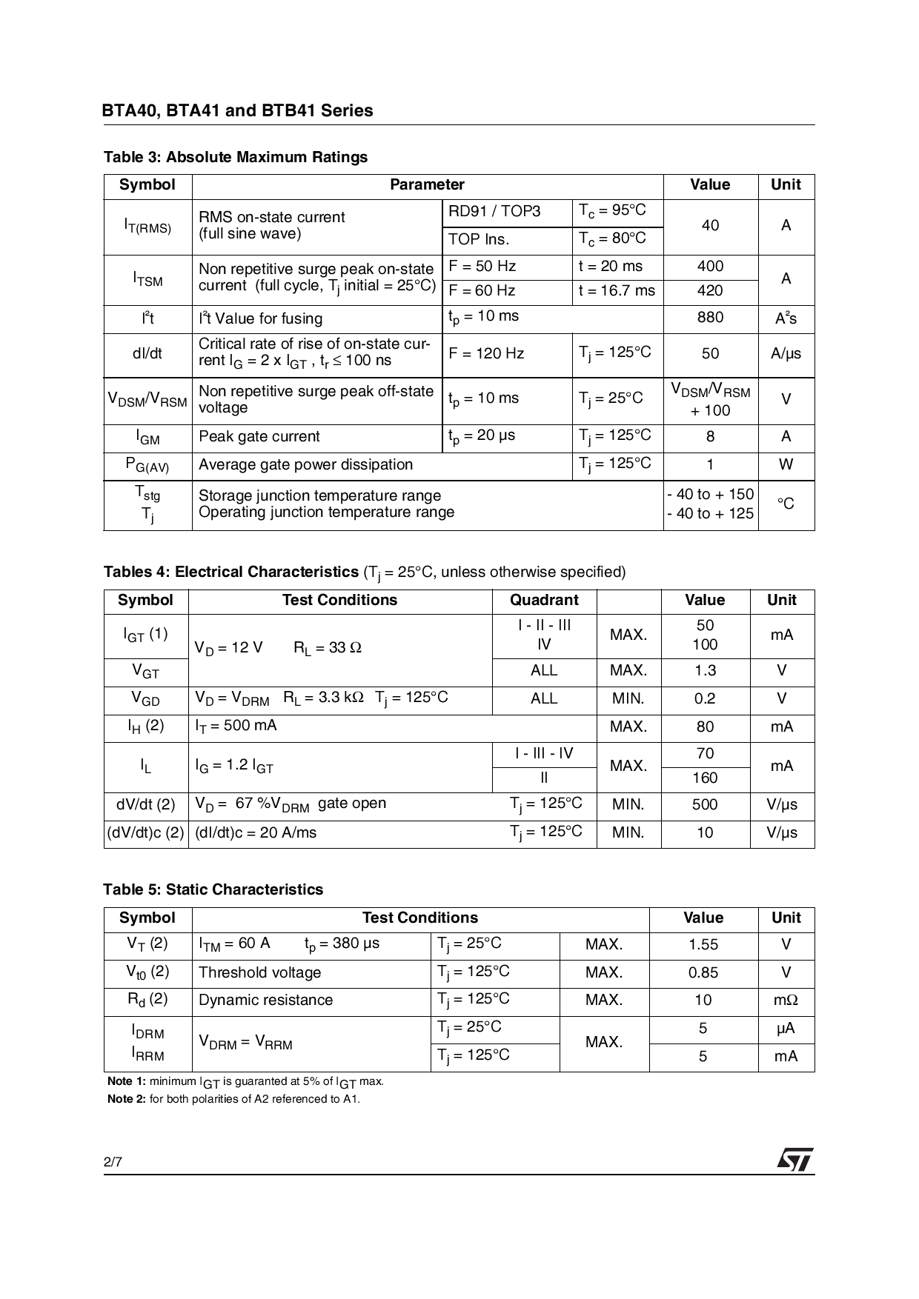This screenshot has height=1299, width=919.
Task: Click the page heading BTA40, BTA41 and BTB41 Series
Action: click(237, 111)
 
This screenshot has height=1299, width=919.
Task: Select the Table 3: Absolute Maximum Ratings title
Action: click(236, 157)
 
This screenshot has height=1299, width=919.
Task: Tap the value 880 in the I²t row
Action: click(709, 318)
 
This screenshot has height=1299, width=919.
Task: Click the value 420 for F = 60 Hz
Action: click(709, 291)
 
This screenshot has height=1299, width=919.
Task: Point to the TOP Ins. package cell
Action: click(479, 239)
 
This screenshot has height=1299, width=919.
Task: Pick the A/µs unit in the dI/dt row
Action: click(786, 353)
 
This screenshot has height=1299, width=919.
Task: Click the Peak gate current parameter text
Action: click(259, 437)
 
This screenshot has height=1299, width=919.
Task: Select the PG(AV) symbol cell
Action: click(147, 466)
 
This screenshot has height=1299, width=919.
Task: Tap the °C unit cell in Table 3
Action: click(786, 504)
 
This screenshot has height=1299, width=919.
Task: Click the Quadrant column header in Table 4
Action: click(544, 601)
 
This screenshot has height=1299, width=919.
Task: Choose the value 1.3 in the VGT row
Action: click(704, 671)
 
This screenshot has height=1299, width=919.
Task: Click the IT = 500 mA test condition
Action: click(236, 726)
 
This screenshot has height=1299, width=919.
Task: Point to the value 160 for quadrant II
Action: click(704, 778)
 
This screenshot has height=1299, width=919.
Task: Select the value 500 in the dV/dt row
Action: click(704, 805)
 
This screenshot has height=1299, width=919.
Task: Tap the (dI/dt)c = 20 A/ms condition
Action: click(256, 833)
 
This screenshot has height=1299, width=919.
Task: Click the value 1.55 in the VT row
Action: click(703, 945)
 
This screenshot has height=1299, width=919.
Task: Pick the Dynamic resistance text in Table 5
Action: click(265, 1001)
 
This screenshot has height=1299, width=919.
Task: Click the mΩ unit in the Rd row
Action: click(786, 1001)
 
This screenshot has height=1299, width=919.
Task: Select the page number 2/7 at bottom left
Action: click(113, 1163)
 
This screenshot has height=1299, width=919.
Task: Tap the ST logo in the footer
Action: click(794, 1160)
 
